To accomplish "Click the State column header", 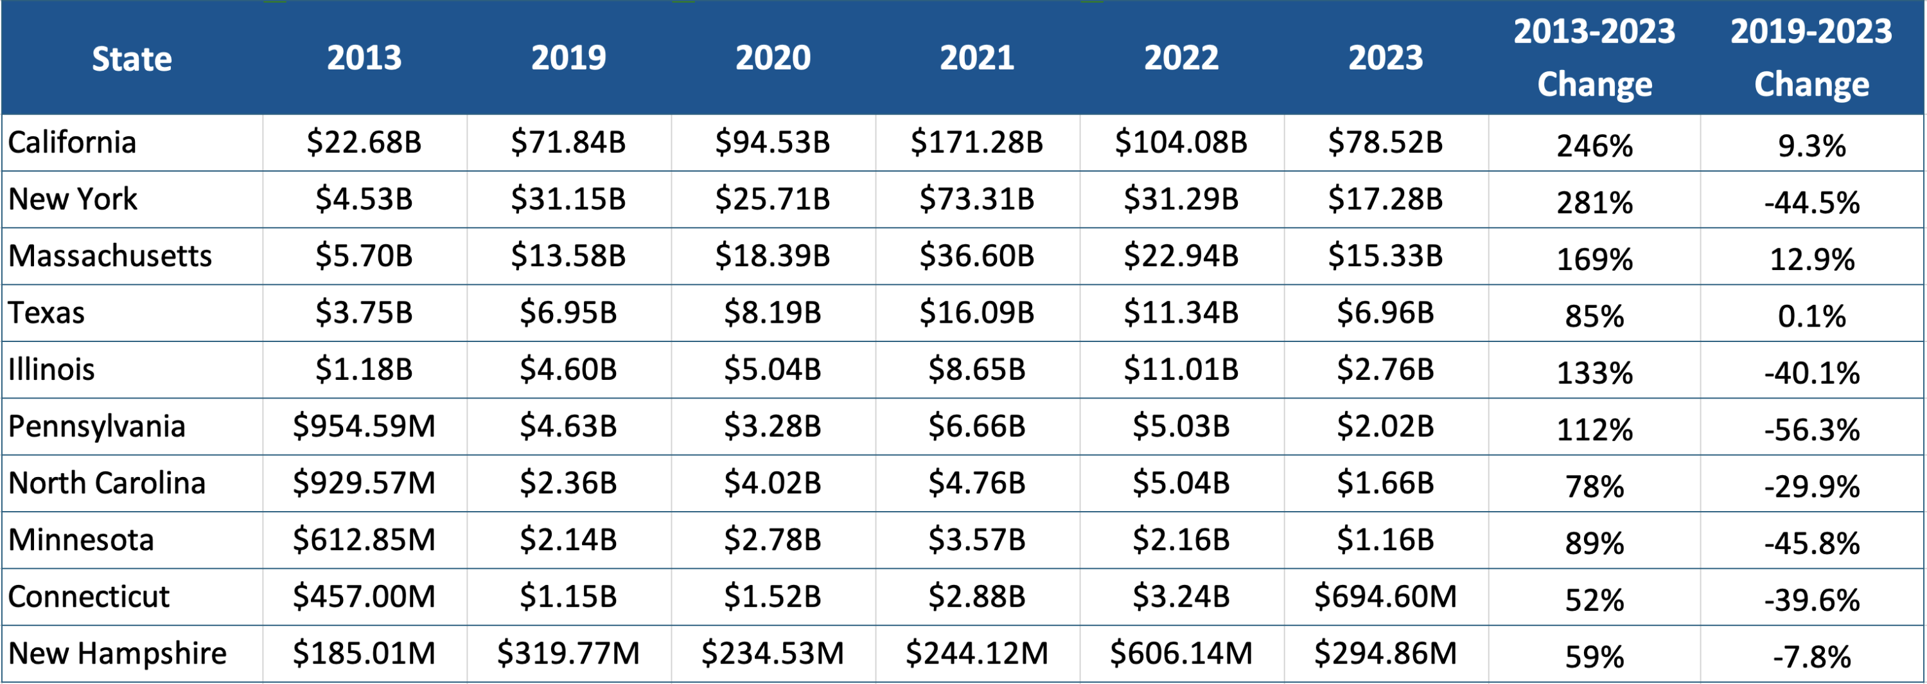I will pyautogui.click(x=132, y=59).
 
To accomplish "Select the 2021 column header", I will pyautogui.click(x=977, y=59).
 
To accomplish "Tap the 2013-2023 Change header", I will pyautogui.click(x=1594, y=59).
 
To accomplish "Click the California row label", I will pyautogui.click(x=73, y=142).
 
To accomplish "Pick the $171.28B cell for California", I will pyautogui.click(x=977, y=142).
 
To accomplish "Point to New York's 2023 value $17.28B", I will pyautogui.click(x=1386, y=199).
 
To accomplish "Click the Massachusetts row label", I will pyautogui.click(x=110, y=256).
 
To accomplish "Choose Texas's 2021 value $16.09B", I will pyautogui.click(x=977, y=313).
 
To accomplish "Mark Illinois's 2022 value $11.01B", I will pyautogui.click(x=1181, y=370).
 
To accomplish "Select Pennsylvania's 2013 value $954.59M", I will pyautogui.click(x=364, y=427).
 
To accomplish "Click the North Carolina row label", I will pyautogui.click(x=107, y=483).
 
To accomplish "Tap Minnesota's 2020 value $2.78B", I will pyautogui.click(x=773, y=540).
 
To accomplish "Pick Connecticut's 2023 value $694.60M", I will pyautogui.click(x=1386, y=597).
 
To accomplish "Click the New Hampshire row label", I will pyautogui.click(x=118, y=654).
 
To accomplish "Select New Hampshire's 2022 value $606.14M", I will pyautogui.click(x=1181, y=654).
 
